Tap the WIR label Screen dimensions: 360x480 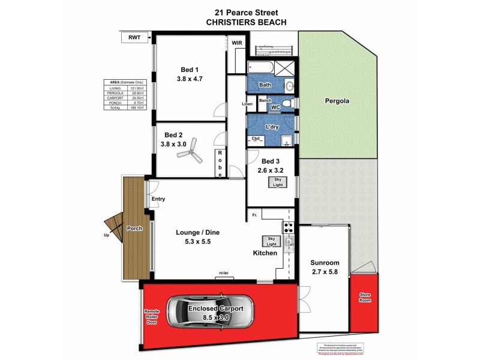pyautogui.click(x=237, y=43)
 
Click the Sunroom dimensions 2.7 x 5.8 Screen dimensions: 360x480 pyautogui.click(x=325, y=272)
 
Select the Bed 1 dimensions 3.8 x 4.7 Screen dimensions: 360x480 pyautogui.click(x=190, y=77)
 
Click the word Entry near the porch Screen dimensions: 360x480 pyautogui.click(x=158, y=199)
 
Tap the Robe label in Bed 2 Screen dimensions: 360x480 pyautogui.click(x=220, y=164)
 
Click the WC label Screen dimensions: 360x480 pyautogui.click(x=276, y=107)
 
